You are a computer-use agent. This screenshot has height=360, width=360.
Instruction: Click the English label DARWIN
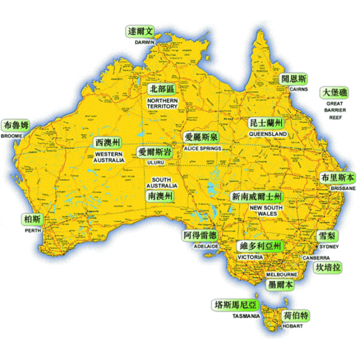(x=145, y=42)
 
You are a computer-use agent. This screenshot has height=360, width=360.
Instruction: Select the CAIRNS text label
(x=298, y=89)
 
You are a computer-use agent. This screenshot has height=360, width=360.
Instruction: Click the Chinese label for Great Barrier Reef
(x=335, y=93)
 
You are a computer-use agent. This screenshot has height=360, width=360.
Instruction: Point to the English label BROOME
(x=12, y=136)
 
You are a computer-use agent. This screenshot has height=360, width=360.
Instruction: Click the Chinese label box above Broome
(x=16, y=125)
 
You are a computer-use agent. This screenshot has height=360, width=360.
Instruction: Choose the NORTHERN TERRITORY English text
(x=163, y=103)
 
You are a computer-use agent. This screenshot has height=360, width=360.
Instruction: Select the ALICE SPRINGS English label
(x=202, y=149)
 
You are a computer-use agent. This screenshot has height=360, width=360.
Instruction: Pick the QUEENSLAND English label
(x=268, y=134)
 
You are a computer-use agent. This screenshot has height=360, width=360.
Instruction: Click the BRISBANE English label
(x=343, y=189)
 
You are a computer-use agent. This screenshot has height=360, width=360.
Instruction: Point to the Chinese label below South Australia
(x=160, y=196)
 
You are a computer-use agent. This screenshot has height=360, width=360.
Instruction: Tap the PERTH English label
(x=33, y=230)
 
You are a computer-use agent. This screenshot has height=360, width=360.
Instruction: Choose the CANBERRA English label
(x=316, y=257)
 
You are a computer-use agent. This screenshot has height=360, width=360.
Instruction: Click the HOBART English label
(x=293, y=326)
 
